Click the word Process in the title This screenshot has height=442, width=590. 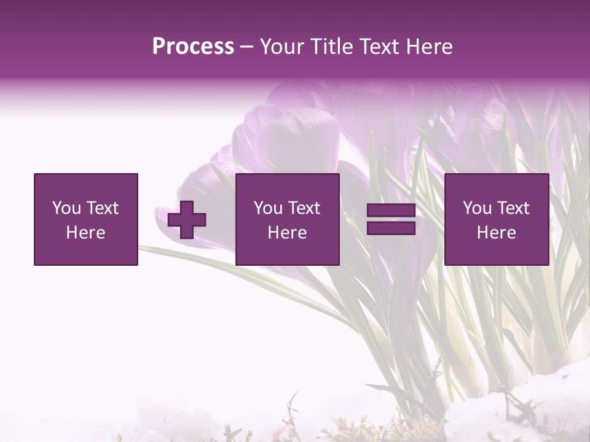[x=193, y=47]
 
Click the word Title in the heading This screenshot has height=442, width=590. [x=329, y=47]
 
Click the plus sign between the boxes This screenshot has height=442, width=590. [x=187, y=220]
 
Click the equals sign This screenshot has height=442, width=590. [x=391, y=220]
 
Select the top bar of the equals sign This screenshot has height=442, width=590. [x=391, y=211]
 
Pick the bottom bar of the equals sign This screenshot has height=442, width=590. [x=391, y=228]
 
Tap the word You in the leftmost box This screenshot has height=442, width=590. [x=66, y=208]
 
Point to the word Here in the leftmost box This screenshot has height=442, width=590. [x=86, y=233]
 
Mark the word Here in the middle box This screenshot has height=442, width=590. [x=288, y=233]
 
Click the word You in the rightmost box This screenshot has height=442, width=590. [x=476, y=208]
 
